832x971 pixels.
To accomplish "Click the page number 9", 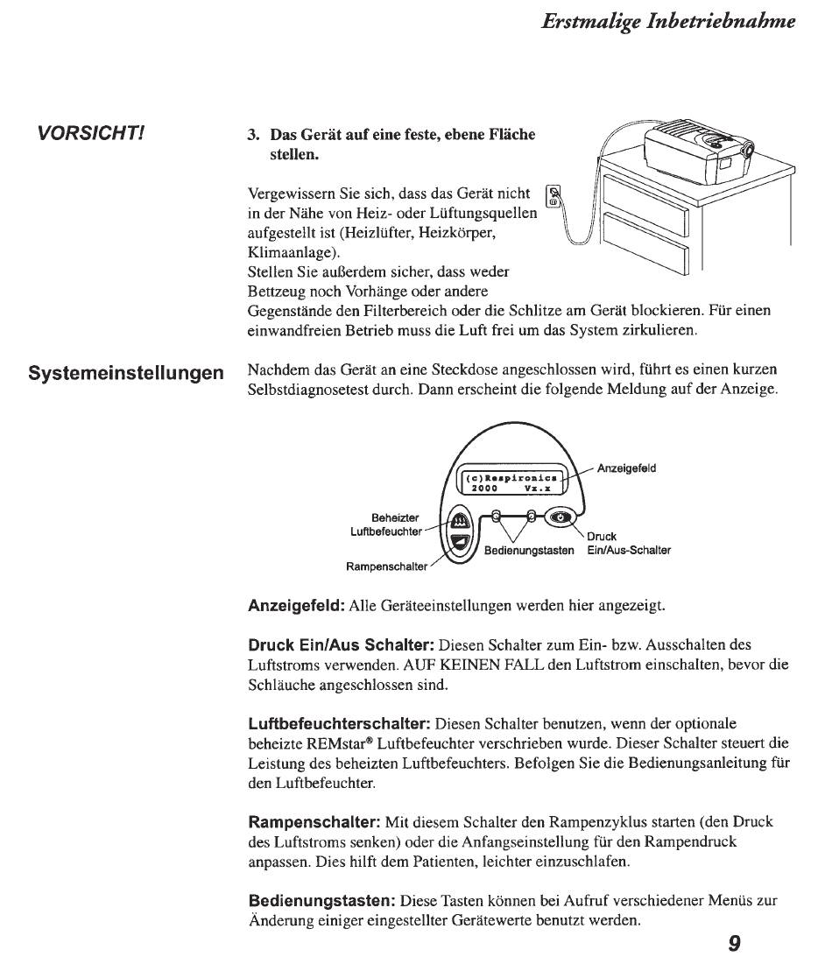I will click(734, 943).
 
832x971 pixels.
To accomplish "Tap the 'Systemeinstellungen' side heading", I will click(126, 374).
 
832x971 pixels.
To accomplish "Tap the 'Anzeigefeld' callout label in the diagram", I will click(626, 468).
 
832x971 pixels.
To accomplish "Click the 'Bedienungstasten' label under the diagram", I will click(529, 551).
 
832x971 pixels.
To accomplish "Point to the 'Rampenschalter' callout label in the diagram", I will click(386, 566).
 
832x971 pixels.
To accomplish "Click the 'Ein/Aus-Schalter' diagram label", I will click(629, 551).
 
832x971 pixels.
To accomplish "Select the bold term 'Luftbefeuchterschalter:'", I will click(339, 723).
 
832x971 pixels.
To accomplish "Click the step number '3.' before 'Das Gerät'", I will click(254, 135).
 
